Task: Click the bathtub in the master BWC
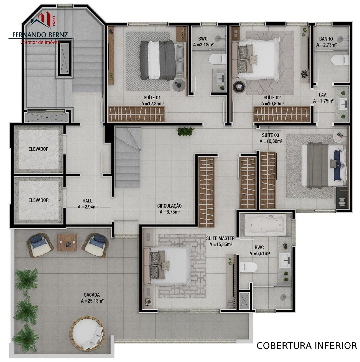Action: (265, 225)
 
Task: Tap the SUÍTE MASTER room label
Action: (220, 238)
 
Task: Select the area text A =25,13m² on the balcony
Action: (92, 301)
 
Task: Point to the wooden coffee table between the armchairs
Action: (67, 243)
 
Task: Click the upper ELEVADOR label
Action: (38, 149)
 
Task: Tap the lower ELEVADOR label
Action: (38, 200)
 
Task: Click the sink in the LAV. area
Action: (343, 104)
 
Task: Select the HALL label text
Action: (87, 201)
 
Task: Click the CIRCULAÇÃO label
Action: (169, 206)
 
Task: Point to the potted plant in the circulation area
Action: (186, 132)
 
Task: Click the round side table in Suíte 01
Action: (179, 85)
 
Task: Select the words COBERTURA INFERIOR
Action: (307, 346)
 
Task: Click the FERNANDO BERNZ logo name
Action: (40, 35)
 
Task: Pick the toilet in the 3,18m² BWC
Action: (217, 59)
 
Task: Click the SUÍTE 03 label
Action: (270, 135)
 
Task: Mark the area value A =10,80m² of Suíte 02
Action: (272, 104)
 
